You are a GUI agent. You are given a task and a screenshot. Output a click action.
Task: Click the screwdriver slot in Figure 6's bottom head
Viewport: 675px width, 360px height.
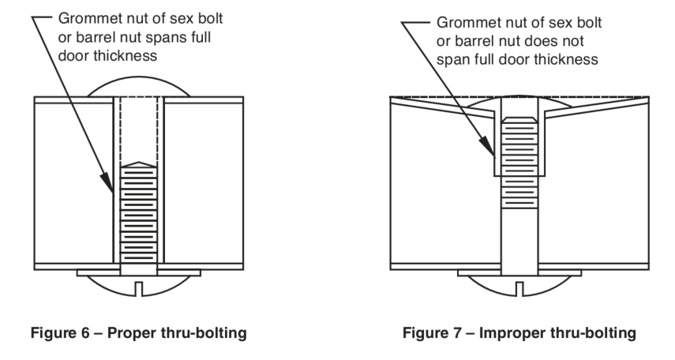click(x=140, y=291)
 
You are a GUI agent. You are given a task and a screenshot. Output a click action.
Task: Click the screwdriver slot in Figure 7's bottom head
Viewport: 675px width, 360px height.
click(x=523, y=291)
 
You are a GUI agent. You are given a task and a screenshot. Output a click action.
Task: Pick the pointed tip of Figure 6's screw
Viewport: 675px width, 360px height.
click(x=140, y=163)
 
